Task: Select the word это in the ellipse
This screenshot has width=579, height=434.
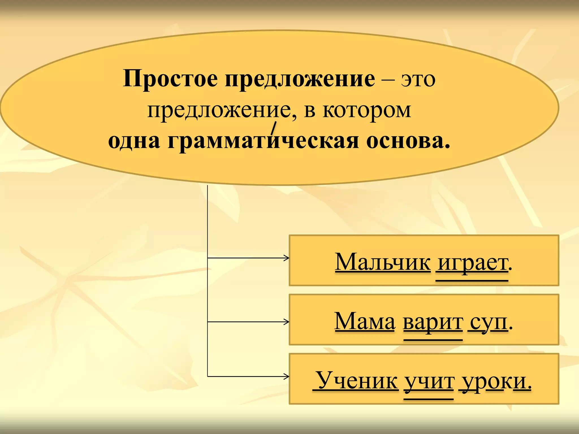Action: (x=418, y=80)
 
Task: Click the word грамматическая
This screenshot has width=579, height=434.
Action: (x=263, y=141)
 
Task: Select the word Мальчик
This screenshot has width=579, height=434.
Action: (x=383, y=262)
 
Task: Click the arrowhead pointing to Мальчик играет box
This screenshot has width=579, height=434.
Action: (x=287, y=258)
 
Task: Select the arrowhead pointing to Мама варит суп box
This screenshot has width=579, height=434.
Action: (x=287, y=322)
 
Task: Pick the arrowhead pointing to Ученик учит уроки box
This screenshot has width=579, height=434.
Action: (x=287, y=376)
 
